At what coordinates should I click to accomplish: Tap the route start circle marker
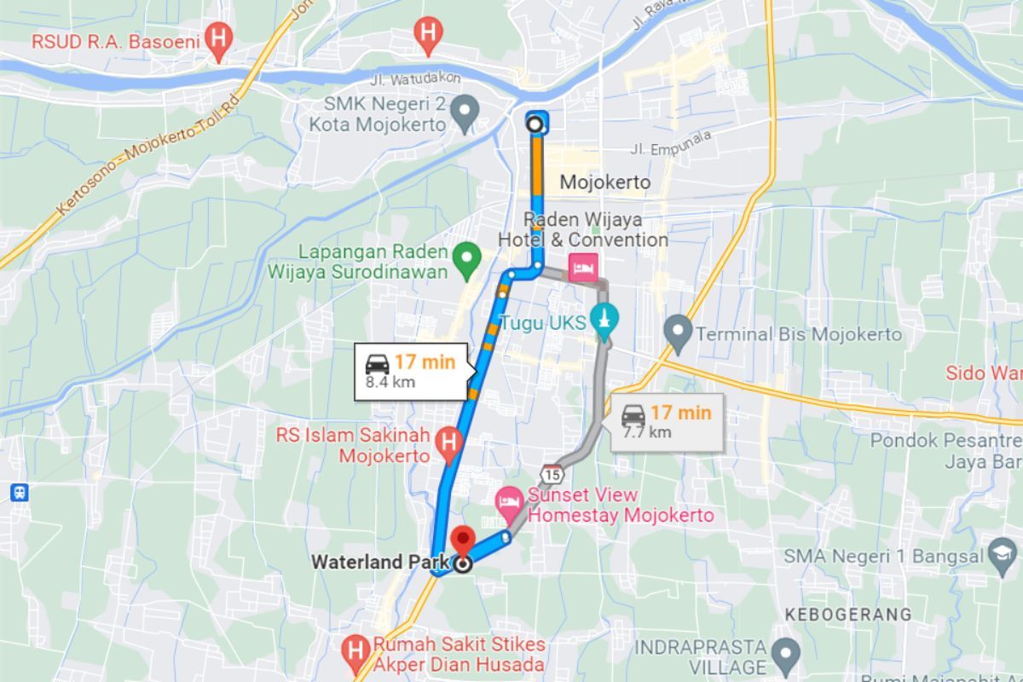[535, 124]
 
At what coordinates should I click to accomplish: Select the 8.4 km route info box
[411, 371]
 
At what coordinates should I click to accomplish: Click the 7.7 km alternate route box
[667, 422]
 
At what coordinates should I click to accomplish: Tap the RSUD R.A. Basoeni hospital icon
[219, 38]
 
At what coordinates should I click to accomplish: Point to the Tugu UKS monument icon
[604, 319]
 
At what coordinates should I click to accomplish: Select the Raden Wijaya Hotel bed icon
[585, 267]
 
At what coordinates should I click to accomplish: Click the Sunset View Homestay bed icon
[509, 499]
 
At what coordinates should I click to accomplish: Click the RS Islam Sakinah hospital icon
[447, 441]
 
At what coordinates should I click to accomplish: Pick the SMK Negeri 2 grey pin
[465, 111]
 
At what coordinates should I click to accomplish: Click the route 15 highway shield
[552, 472]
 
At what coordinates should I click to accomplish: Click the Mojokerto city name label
[604, 182]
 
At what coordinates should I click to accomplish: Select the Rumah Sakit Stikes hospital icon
[352, 651]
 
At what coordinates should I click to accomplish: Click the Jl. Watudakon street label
[416, 78]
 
